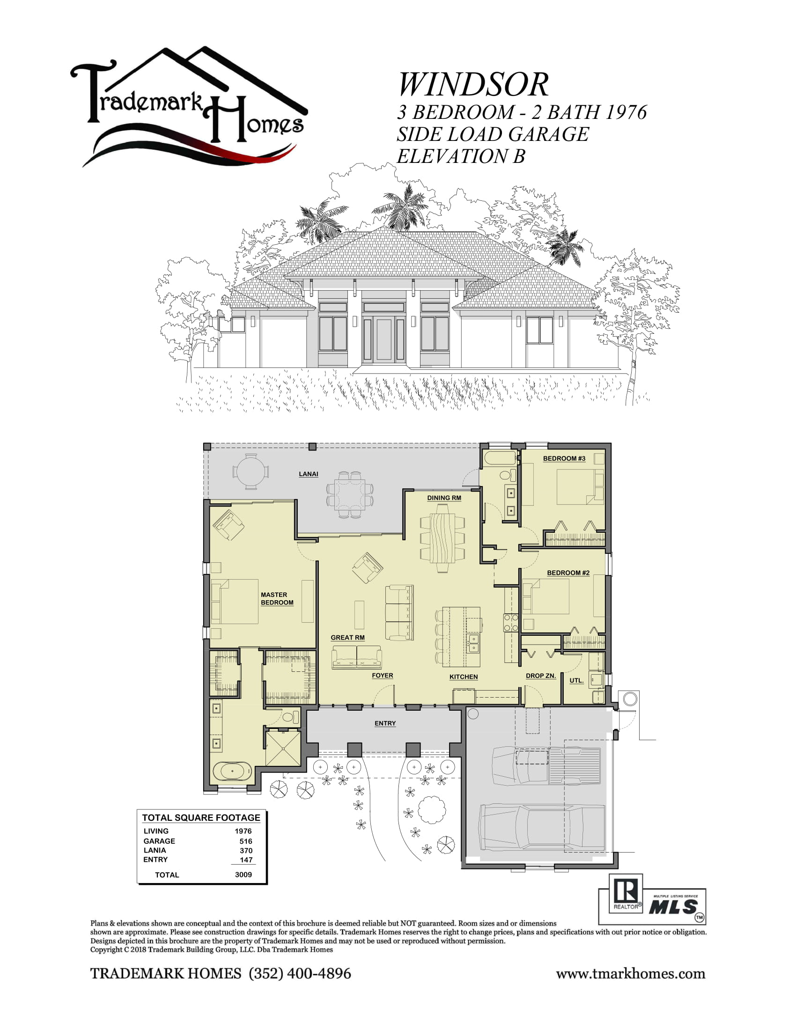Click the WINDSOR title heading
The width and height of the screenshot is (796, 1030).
click(473, 85)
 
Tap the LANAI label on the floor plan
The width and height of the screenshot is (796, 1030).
click(309, 474)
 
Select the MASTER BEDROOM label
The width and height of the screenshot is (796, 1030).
click(277, 598)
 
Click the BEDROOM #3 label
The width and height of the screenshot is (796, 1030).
click(564, 458)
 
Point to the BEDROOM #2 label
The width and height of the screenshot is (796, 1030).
click(568, 573)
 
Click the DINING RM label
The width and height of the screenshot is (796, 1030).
click(444, 498)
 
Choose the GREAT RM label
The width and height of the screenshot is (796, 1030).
click(347, 637)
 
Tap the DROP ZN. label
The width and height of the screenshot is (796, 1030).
click(540, 675)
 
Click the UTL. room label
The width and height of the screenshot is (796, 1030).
click(576, 680)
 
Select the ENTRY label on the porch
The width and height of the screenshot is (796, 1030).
click(385, 723)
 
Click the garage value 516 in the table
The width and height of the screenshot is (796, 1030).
click(246, 841)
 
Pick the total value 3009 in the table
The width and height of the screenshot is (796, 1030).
click(243, 875)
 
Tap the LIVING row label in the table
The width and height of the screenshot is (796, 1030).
click(156, 831)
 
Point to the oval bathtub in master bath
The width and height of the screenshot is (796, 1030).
click(232, 771)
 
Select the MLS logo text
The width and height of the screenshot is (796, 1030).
click(673, 906)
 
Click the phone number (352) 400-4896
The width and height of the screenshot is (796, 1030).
click(300, 973)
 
